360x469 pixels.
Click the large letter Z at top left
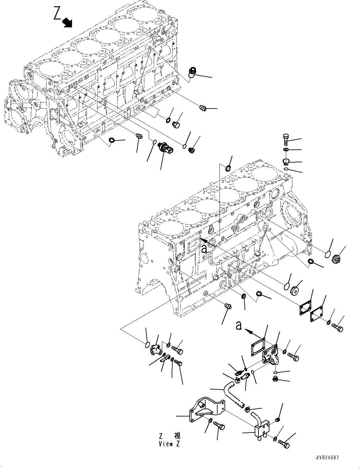pyautogui.click(x=57, y=14)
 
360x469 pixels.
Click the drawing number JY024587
pyautogui.click(x=328, y=458)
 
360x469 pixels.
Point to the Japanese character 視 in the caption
pyautogui.click(x=177, y=436)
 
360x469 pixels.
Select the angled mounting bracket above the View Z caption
pyautogui.click(x=206, y=410)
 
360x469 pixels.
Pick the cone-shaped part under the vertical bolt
pyautogui.click(x=286, y=162)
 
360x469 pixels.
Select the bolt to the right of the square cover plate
pyautogui.click(x=337, y=328)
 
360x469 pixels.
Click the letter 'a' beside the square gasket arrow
pyautogui.click(x=239, y=326)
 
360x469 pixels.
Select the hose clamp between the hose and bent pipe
pyautogui.click(x=247, y=409)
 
